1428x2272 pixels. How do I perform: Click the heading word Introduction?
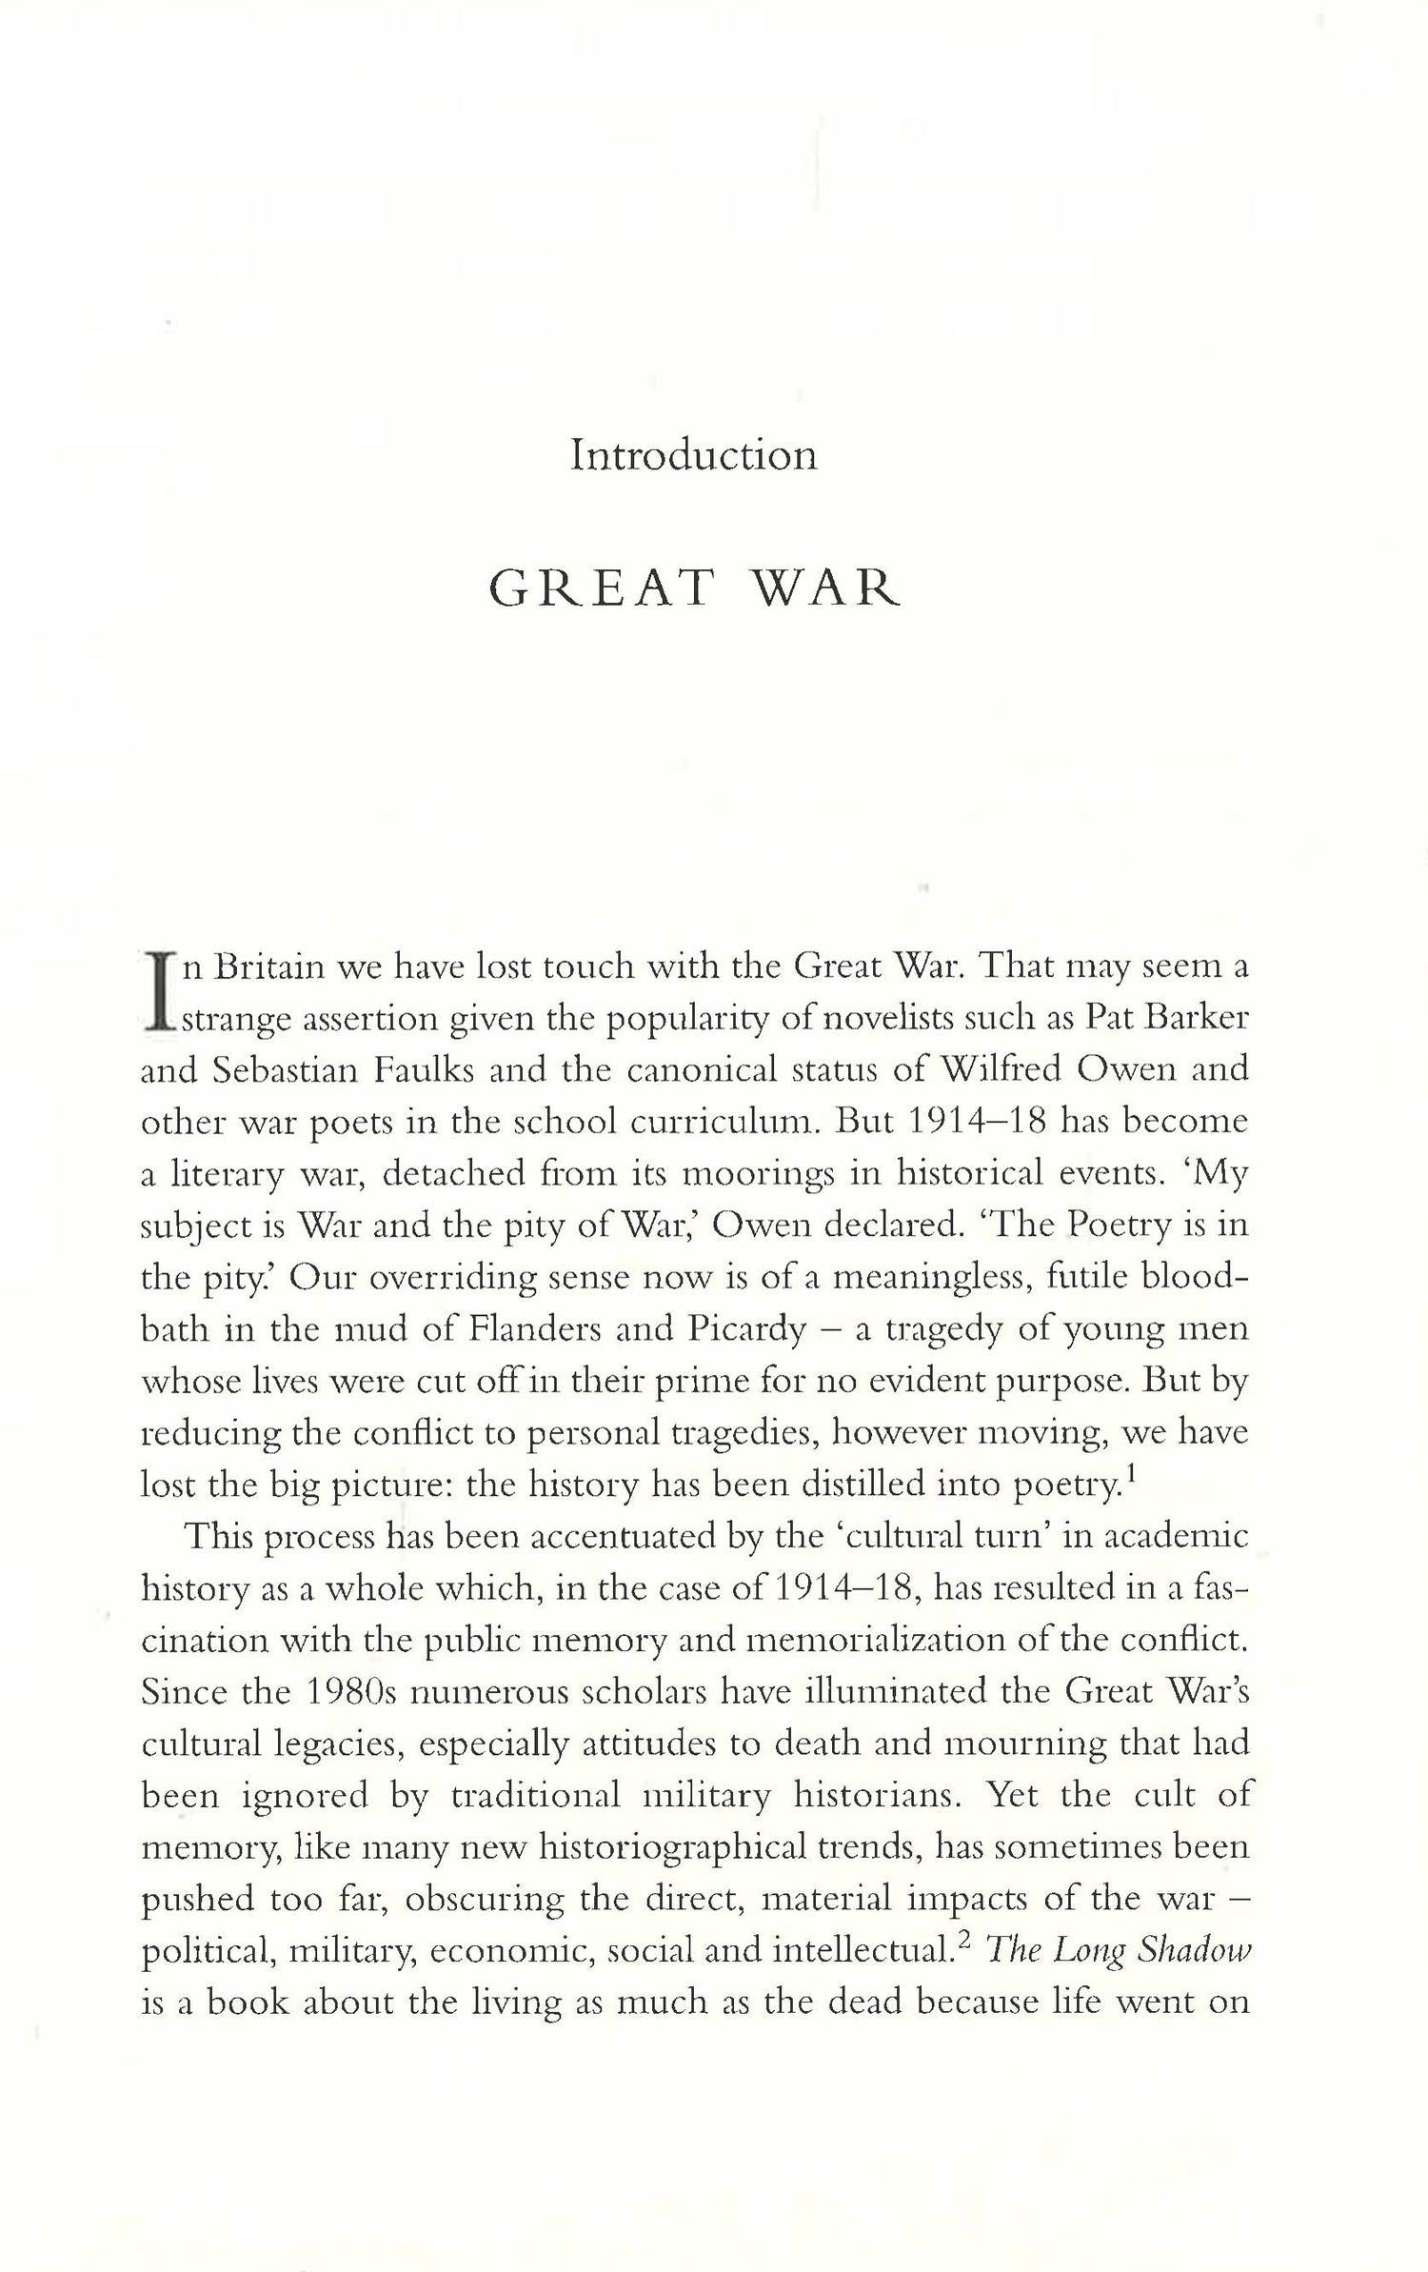click(693, 455)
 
